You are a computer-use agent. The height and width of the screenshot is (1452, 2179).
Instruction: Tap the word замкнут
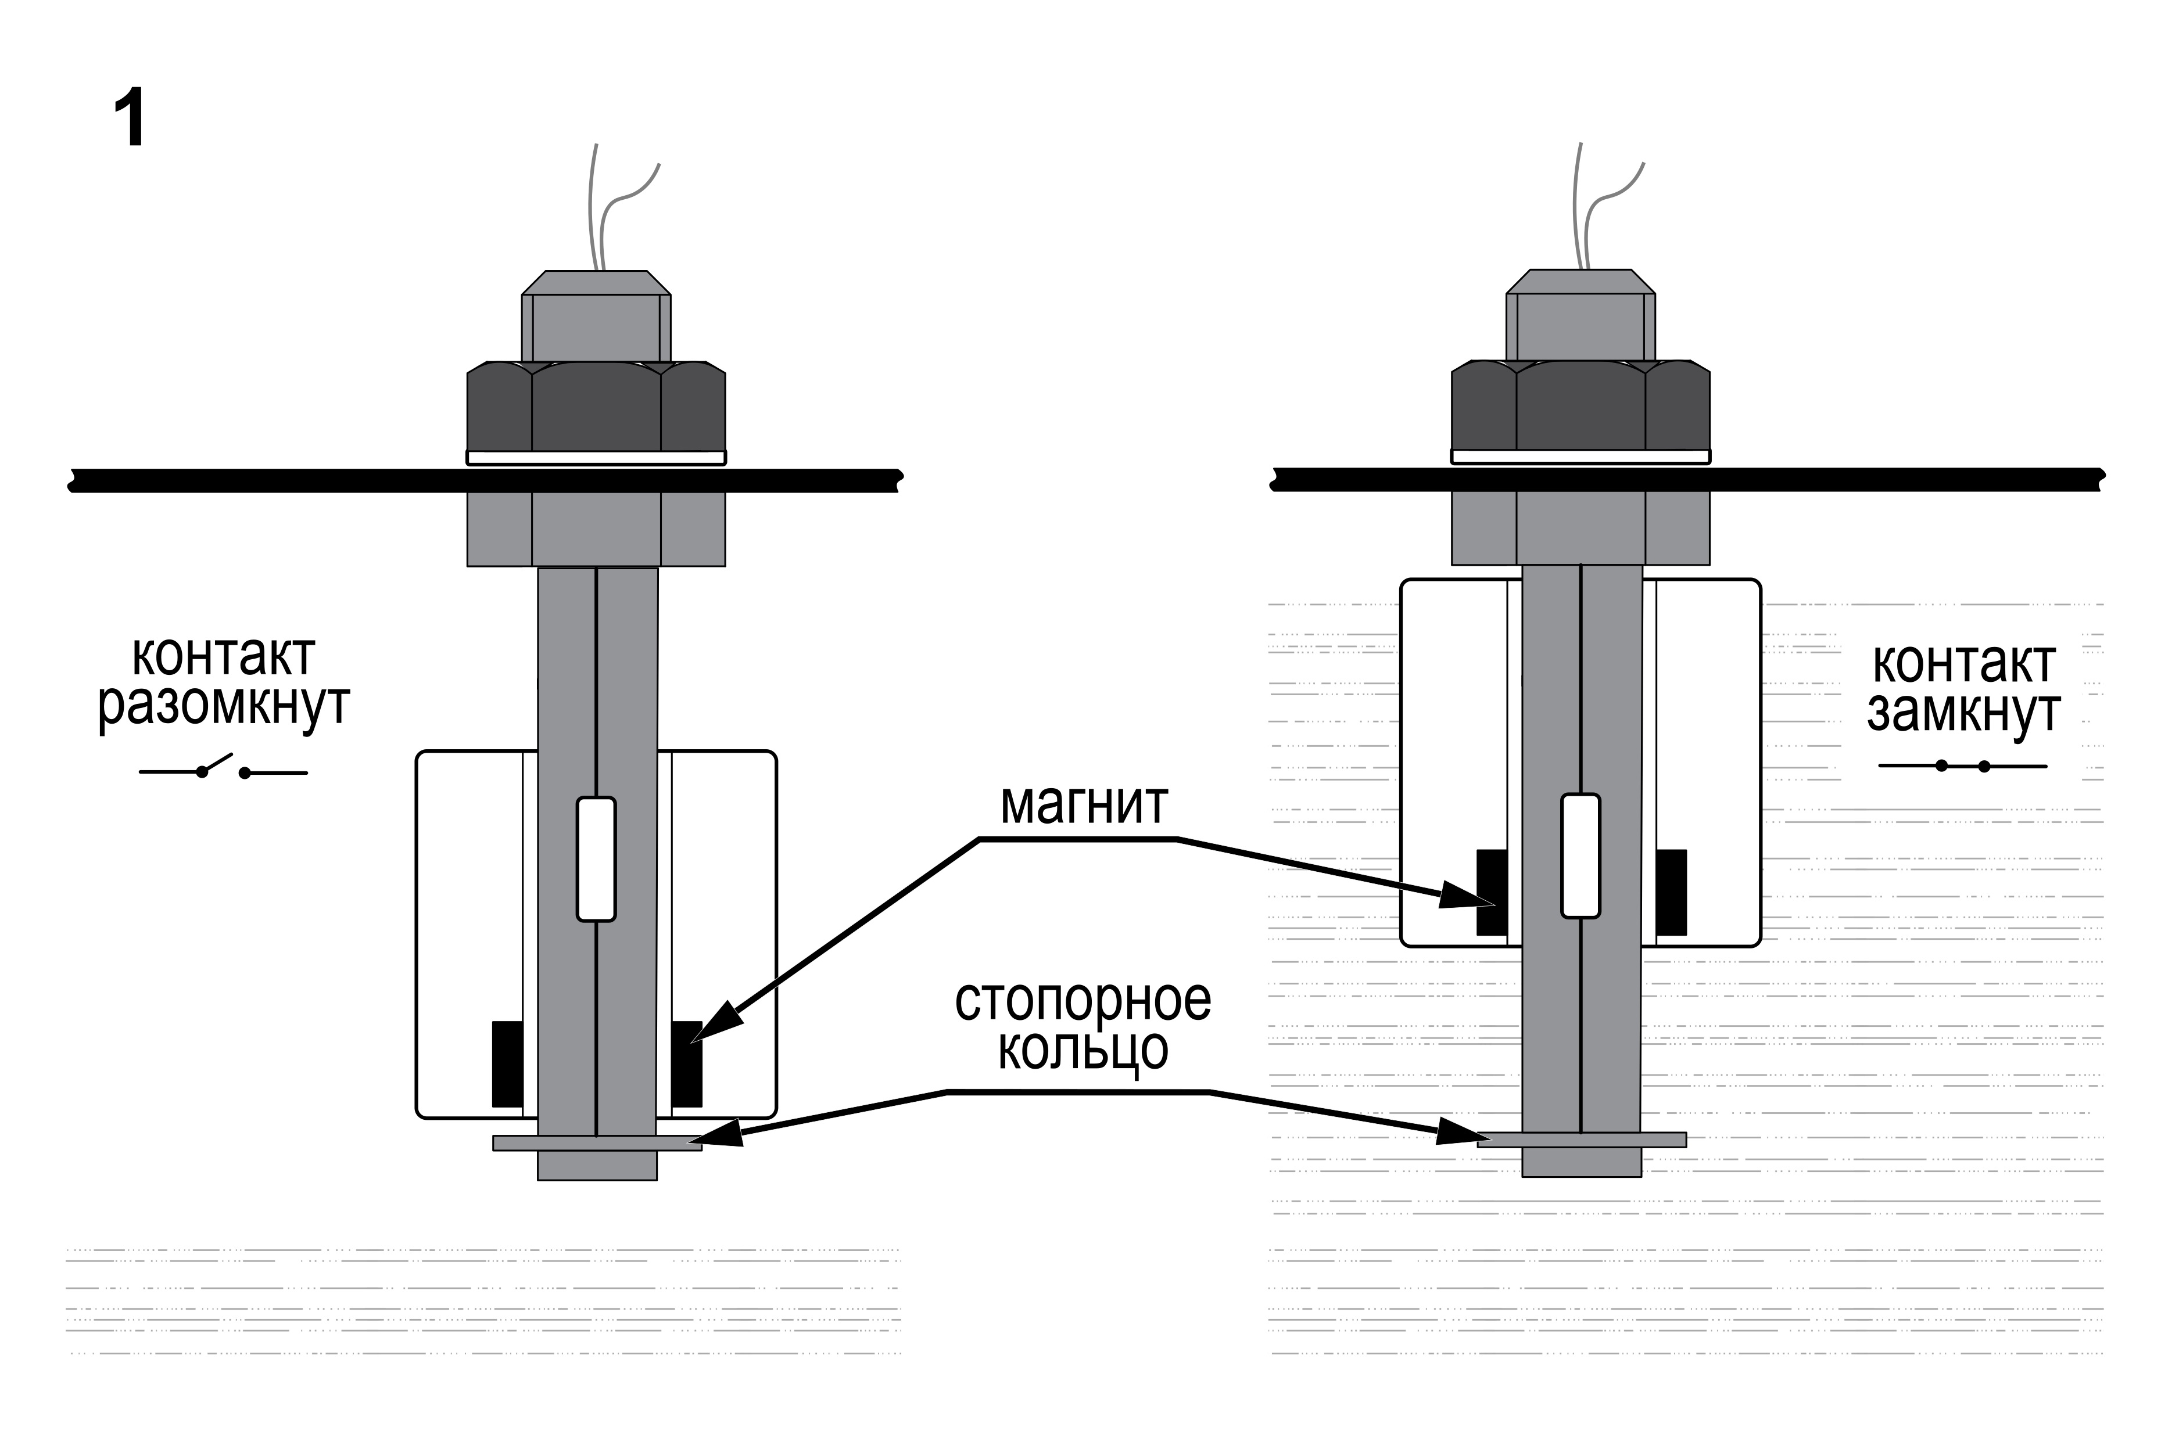(x=1963, y=714)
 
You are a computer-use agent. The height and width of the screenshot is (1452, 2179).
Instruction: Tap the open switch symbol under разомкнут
(x=223, y=768)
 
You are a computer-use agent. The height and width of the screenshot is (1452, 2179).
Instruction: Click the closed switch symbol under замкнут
(x=1962, y=766)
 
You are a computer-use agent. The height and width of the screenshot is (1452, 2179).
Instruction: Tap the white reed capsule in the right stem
(x=1581, y=856)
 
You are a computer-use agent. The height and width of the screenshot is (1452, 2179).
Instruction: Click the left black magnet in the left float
(x=507, y=1064)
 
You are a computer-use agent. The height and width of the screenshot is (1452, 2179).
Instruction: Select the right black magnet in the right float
(x=1671, y=892)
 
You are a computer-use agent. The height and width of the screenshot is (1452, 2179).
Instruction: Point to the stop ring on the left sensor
(x=597, y=1142)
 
